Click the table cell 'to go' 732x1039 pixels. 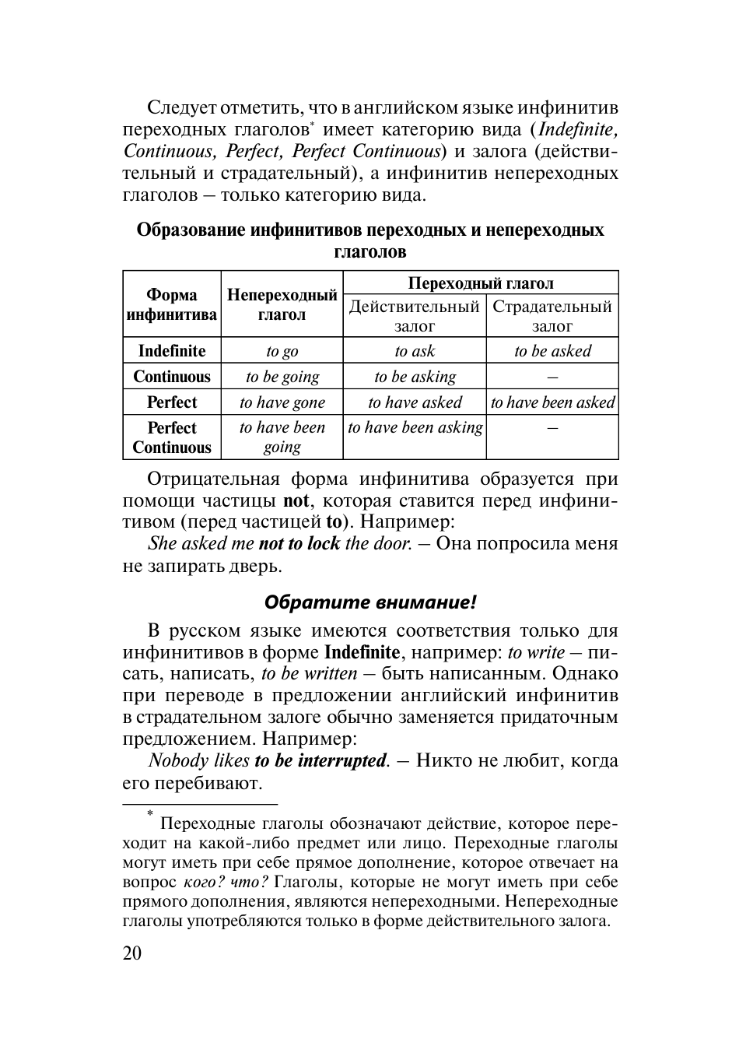(282, 351)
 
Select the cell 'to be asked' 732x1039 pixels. (552, 351)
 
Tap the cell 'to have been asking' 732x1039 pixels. (415, 427)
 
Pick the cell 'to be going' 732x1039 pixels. (282, 377)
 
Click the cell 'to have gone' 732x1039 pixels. (282, 402)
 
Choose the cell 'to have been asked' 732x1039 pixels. (552, 402)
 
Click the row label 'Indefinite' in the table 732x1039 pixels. (171, 351)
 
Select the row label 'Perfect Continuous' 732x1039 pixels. (171, 437)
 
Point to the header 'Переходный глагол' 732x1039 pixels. (481, 283)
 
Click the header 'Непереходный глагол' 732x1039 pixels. (282, 304)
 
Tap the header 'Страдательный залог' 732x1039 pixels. (552, 316)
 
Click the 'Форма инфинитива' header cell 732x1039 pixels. (171, 304)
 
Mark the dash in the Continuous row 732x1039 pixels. (552, 377)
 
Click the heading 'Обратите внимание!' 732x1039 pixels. (370, 602)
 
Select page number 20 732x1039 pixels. (132, 953)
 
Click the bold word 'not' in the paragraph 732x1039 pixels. (296, 500)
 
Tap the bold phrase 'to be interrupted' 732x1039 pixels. (320, 760)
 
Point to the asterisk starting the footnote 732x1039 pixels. (151, 814)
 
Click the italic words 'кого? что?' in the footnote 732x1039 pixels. (226, 882)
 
